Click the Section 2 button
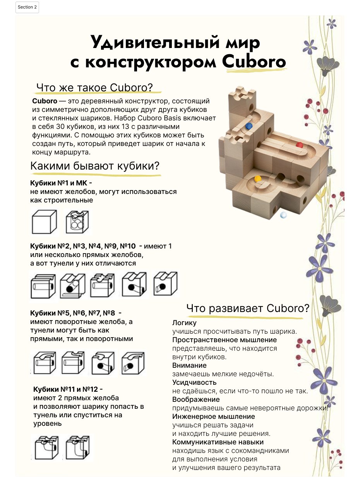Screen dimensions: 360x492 tap(27, 7)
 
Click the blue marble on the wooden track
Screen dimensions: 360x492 tap(249, 126)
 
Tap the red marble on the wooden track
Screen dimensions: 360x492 tap(299, 145)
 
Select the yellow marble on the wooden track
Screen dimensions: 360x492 tap(258, 178)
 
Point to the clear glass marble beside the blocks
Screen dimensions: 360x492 tap(283, 215)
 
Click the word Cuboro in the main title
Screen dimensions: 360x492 tap(254, 62)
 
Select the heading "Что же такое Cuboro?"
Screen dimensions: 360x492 tap(94, 87)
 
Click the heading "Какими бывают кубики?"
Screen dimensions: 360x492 tap(95, 166)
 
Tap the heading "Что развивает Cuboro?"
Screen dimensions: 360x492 tap(248, 309)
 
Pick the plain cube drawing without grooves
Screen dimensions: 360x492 tap(45, 222)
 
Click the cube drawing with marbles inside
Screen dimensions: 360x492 tap(77, 222)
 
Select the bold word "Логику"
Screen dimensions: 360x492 tap(184, 323)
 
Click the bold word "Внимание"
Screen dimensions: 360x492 tap(189, 365)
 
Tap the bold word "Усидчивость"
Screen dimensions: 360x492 tap(194, 382)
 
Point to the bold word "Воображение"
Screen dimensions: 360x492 tap(196, 399)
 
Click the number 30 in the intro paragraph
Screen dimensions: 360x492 tap(60, 127)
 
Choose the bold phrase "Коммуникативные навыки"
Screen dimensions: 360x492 tap(218, 442)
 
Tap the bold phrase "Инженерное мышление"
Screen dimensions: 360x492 tap(214, 417)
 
